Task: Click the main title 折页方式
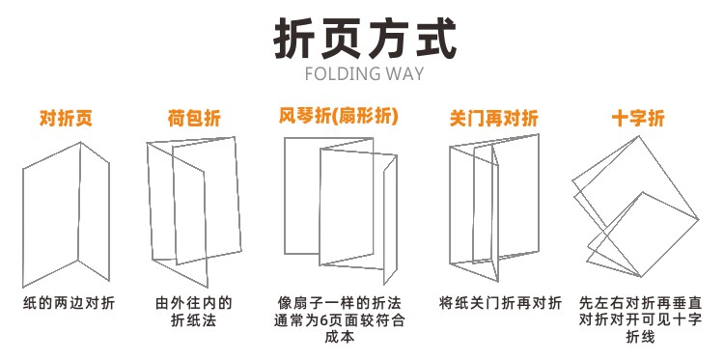pos(365,39)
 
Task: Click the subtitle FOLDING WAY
pos(365,74)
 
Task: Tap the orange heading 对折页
pos(66,118)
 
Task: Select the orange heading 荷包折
pos(194,118)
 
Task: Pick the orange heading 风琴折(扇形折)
pos(338,117)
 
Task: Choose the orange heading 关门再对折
pos(494,118)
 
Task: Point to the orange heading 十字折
pos(639,118)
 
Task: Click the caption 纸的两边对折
pos(69,304)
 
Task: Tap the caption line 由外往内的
pos(194,304)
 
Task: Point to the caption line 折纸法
pos(193,320)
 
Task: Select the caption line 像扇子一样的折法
pos(340,304)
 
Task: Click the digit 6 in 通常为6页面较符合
pos(323,320)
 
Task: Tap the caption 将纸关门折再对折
pos(500,304)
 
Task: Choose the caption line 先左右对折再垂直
pos(641,304)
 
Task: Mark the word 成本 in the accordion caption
pos(340,337)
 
